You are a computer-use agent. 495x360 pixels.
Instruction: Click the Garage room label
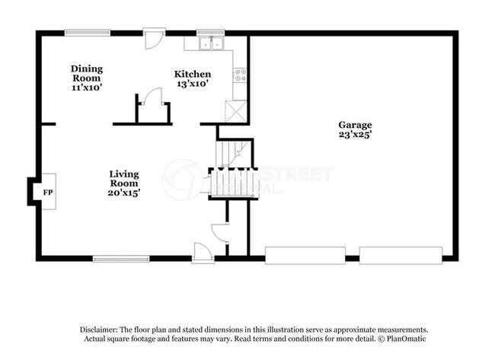tap(356, 125)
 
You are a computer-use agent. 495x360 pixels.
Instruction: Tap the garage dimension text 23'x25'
tap(356, 135)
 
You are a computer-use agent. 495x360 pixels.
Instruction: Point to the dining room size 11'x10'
tap(86, 88)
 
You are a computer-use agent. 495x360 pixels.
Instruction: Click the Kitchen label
tap(193, 74)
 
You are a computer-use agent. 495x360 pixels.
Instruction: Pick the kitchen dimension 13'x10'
tap(193, 84)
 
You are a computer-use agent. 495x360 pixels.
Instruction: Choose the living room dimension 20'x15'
tap(123, 193)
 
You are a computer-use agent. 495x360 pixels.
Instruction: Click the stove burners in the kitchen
tap(239, 75)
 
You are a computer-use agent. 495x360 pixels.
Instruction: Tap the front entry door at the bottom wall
tap(204, 253)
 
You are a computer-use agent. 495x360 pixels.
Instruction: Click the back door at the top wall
tap(155, 38)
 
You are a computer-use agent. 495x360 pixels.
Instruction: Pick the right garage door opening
tap(401, 256)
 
